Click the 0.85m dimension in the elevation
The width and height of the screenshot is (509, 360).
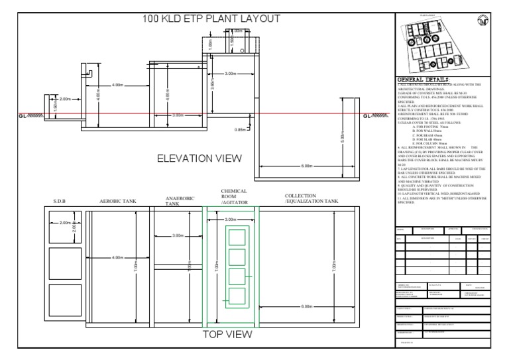point(241,130)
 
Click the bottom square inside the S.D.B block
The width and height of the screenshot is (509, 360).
point(64,299)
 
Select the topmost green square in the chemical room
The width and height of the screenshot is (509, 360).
point(236,237)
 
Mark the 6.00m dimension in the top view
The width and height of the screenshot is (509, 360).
point(306,306)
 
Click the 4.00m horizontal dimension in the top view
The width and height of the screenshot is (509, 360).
point(119,257)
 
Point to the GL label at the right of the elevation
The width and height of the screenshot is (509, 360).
point(375,115)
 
